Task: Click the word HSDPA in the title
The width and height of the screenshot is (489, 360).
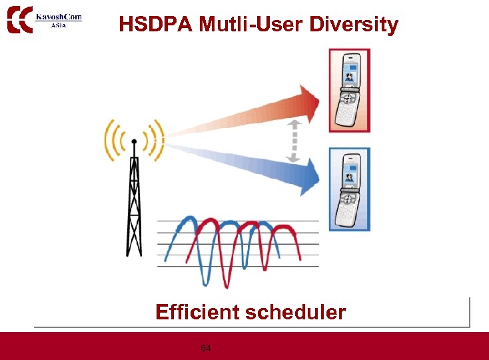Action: [149, 25]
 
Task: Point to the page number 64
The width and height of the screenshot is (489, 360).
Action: [206, 348]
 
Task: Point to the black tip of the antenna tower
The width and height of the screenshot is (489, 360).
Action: [134, 141]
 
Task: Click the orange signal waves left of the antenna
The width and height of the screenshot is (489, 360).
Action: [114, 141]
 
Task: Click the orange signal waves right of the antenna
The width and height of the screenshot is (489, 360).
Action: [155, 141]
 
